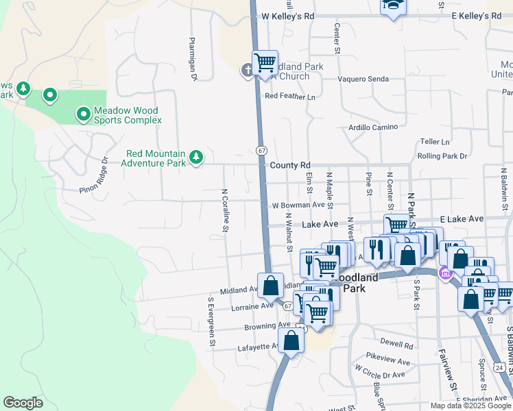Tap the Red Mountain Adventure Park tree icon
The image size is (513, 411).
(196, 158)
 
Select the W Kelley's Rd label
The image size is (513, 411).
(287, 16)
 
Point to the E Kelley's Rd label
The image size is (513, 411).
(476, 16)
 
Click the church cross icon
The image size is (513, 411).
(248, 71)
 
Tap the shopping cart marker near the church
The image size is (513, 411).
(265, 64)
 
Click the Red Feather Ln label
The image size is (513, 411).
(290, 97)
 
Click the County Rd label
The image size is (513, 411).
(290, 166)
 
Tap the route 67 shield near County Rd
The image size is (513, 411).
(261, 149)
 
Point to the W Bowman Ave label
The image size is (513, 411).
(298, 206)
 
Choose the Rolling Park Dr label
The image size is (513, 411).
(442, 156)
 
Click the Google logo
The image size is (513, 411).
(23, 403)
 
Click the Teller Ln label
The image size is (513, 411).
(435, 142)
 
